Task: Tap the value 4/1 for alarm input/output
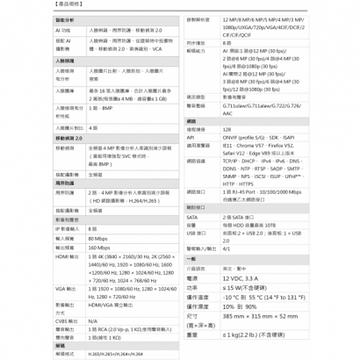pyautogui.click(x=227, y=248)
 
